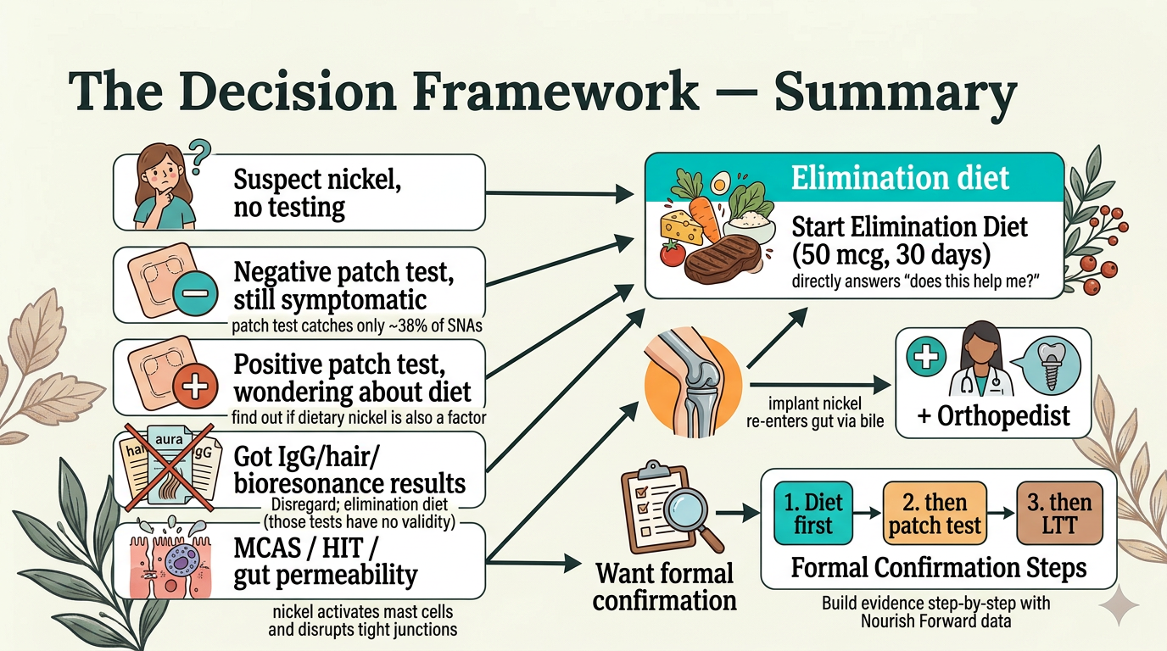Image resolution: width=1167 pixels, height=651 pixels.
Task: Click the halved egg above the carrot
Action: click(x=721, y=181)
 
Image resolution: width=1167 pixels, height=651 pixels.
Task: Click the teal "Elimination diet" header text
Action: click(x=900, y=178)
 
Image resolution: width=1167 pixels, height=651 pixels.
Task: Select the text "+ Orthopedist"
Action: click(x=993, y=416)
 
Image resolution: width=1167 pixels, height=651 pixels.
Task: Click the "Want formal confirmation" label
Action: click(x=664, y=587)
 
